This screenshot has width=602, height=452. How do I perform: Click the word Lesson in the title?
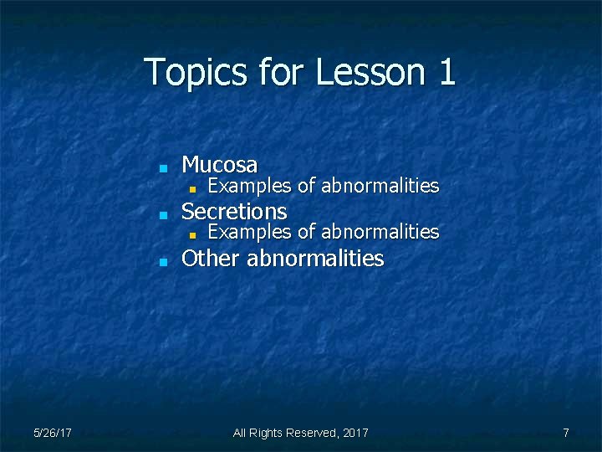pos(371,72)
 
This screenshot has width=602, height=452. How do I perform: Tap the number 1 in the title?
pos(446,72)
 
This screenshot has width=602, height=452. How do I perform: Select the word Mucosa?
pos(219,164)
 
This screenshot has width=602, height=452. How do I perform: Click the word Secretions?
pos(233,211)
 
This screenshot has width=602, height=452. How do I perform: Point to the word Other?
pos(211,258)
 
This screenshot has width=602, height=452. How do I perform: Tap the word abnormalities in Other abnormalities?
pos(315,258)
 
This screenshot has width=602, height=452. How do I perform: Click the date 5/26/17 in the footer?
pos(52,433)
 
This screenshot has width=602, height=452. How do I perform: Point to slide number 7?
pos(566,433)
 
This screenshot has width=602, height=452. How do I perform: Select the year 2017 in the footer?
pos(355,433)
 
